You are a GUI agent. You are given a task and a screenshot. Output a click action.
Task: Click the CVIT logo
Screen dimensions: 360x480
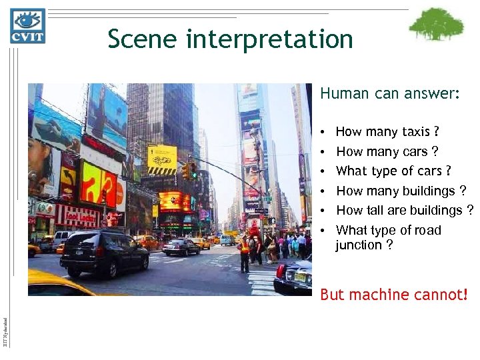click(x=27, y=27)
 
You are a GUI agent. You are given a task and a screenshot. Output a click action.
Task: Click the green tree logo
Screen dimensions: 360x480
click(x=436, y=25)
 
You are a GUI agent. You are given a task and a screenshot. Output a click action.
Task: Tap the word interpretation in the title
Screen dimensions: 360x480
click(x=270, y=40)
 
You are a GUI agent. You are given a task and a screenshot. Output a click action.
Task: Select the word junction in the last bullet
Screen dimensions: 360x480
click(x=359, y=245)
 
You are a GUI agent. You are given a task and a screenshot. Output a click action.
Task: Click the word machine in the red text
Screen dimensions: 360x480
click(x=379, y=294)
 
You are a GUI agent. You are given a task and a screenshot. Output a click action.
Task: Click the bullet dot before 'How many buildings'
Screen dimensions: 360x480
click(x=323, y=191)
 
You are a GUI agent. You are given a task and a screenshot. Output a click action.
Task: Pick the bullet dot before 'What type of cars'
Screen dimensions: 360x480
click(x=323, y=172)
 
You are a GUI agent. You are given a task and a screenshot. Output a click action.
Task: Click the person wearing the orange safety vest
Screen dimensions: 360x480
click(x=244, y=252)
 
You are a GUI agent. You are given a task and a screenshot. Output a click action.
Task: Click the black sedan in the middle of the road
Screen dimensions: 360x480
click(x=181, y=247)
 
